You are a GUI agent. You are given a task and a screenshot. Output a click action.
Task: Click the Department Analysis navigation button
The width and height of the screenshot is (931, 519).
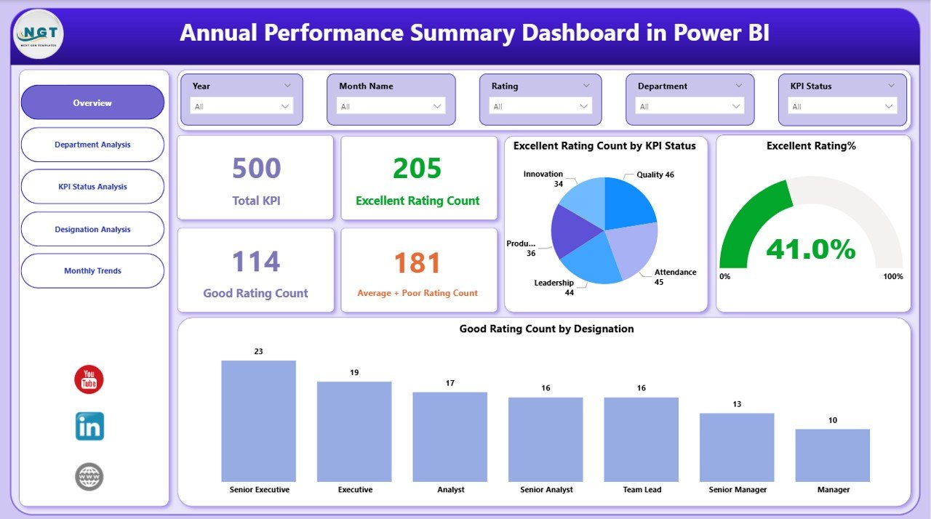pos(92,145)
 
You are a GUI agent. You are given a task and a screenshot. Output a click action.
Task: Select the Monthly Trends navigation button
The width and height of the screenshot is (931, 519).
pos(92,271)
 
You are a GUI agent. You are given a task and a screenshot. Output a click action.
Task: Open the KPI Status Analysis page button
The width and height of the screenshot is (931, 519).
pos(92,187)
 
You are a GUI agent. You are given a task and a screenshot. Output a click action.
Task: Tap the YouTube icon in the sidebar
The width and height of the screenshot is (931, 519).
pos(89,380)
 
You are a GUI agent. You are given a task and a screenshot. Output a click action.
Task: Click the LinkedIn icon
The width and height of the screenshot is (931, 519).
pos(89,427)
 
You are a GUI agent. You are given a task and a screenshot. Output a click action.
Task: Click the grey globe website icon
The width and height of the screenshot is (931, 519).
pos(89,477)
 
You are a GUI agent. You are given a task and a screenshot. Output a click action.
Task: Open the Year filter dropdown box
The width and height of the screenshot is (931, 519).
pos(241,106)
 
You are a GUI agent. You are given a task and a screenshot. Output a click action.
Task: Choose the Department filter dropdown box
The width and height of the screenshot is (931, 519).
pos(690,106)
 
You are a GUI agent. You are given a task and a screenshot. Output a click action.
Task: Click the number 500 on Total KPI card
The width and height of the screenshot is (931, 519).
pos(256,169)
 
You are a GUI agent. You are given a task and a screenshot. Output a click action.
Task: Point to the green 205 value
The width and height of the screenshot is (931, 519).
pos(417,169)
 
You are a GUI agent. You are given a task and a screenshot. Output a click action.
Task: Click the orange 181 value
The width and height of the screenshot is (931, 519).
pos(417,262)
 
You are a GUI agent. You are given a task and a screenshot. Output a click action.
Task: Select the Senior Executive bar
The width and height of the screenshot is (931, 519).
pos(258,421)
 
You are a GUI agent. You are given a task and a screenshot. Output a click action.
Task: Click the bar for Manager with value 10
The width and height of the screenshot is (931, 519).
pos(832,455)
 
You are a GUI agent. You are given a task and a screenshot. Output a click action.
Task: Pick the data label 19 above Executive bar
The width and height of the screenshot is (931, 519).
pos(354,373)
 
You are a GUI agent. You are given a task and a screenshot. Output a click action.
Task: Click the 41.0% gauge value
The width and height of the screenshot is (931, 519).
pos(810,249)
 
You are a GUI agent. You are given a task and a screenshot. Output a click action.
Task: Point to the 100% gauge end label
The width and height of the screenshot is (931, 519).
pos(893,277)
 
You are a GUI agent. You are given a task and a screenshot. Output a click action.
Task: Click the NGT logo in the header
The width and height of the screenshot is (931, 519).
pos(39,34)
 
